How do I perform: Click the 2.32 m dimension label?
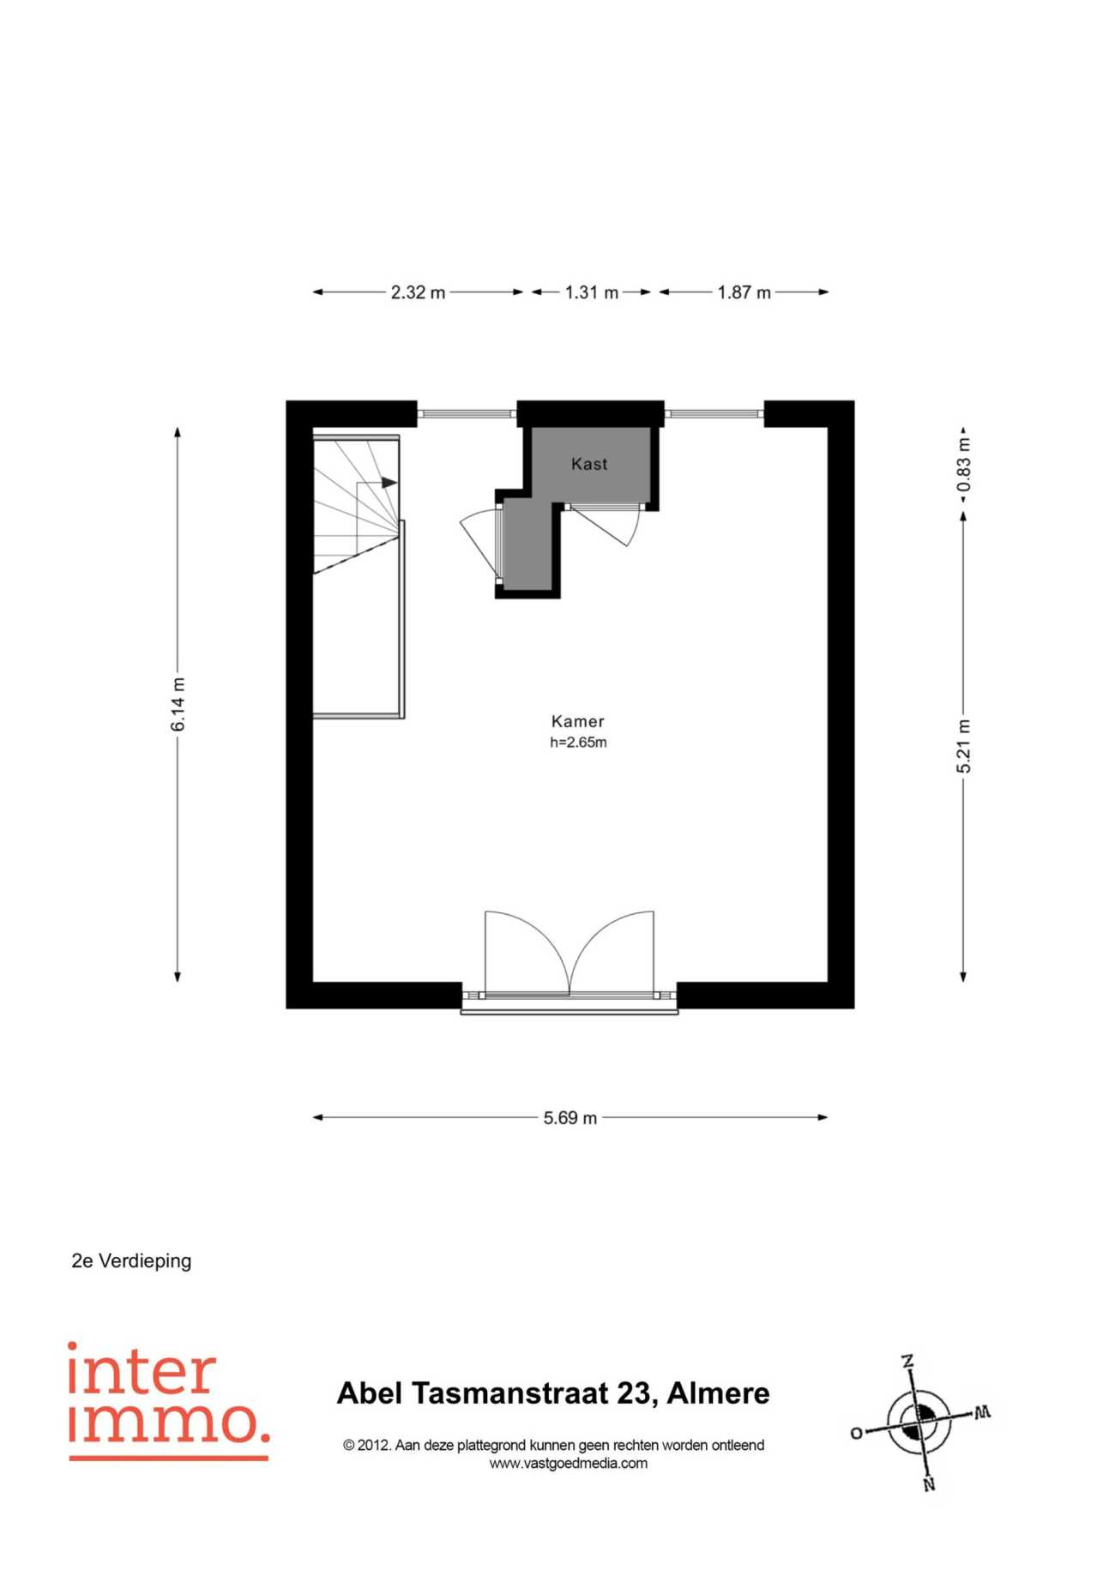418,292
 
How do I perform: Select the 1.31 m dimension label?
591,292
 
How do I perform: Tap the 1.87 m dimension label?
744,292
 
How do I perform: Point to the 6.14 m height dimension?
178,704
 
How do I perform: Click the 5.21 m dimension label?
964,746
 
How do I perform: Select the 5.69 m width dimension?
570,1118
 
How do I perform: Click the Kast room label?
589,464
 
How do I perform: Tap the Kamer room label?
578,722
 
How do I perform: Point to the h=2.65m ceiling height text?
578,743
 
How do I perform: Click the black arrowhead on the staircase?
389,483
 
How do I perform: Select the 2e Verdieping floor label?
131,1261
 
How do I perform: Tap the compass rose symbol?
919,1424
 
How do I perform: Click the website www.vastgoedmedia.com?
569,1464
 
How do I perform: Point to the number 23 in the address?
634,1393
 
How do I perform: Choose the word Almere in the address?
718,1393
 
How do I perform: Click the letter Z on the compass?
907,1362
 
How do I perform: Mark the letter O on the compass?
856,1434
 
